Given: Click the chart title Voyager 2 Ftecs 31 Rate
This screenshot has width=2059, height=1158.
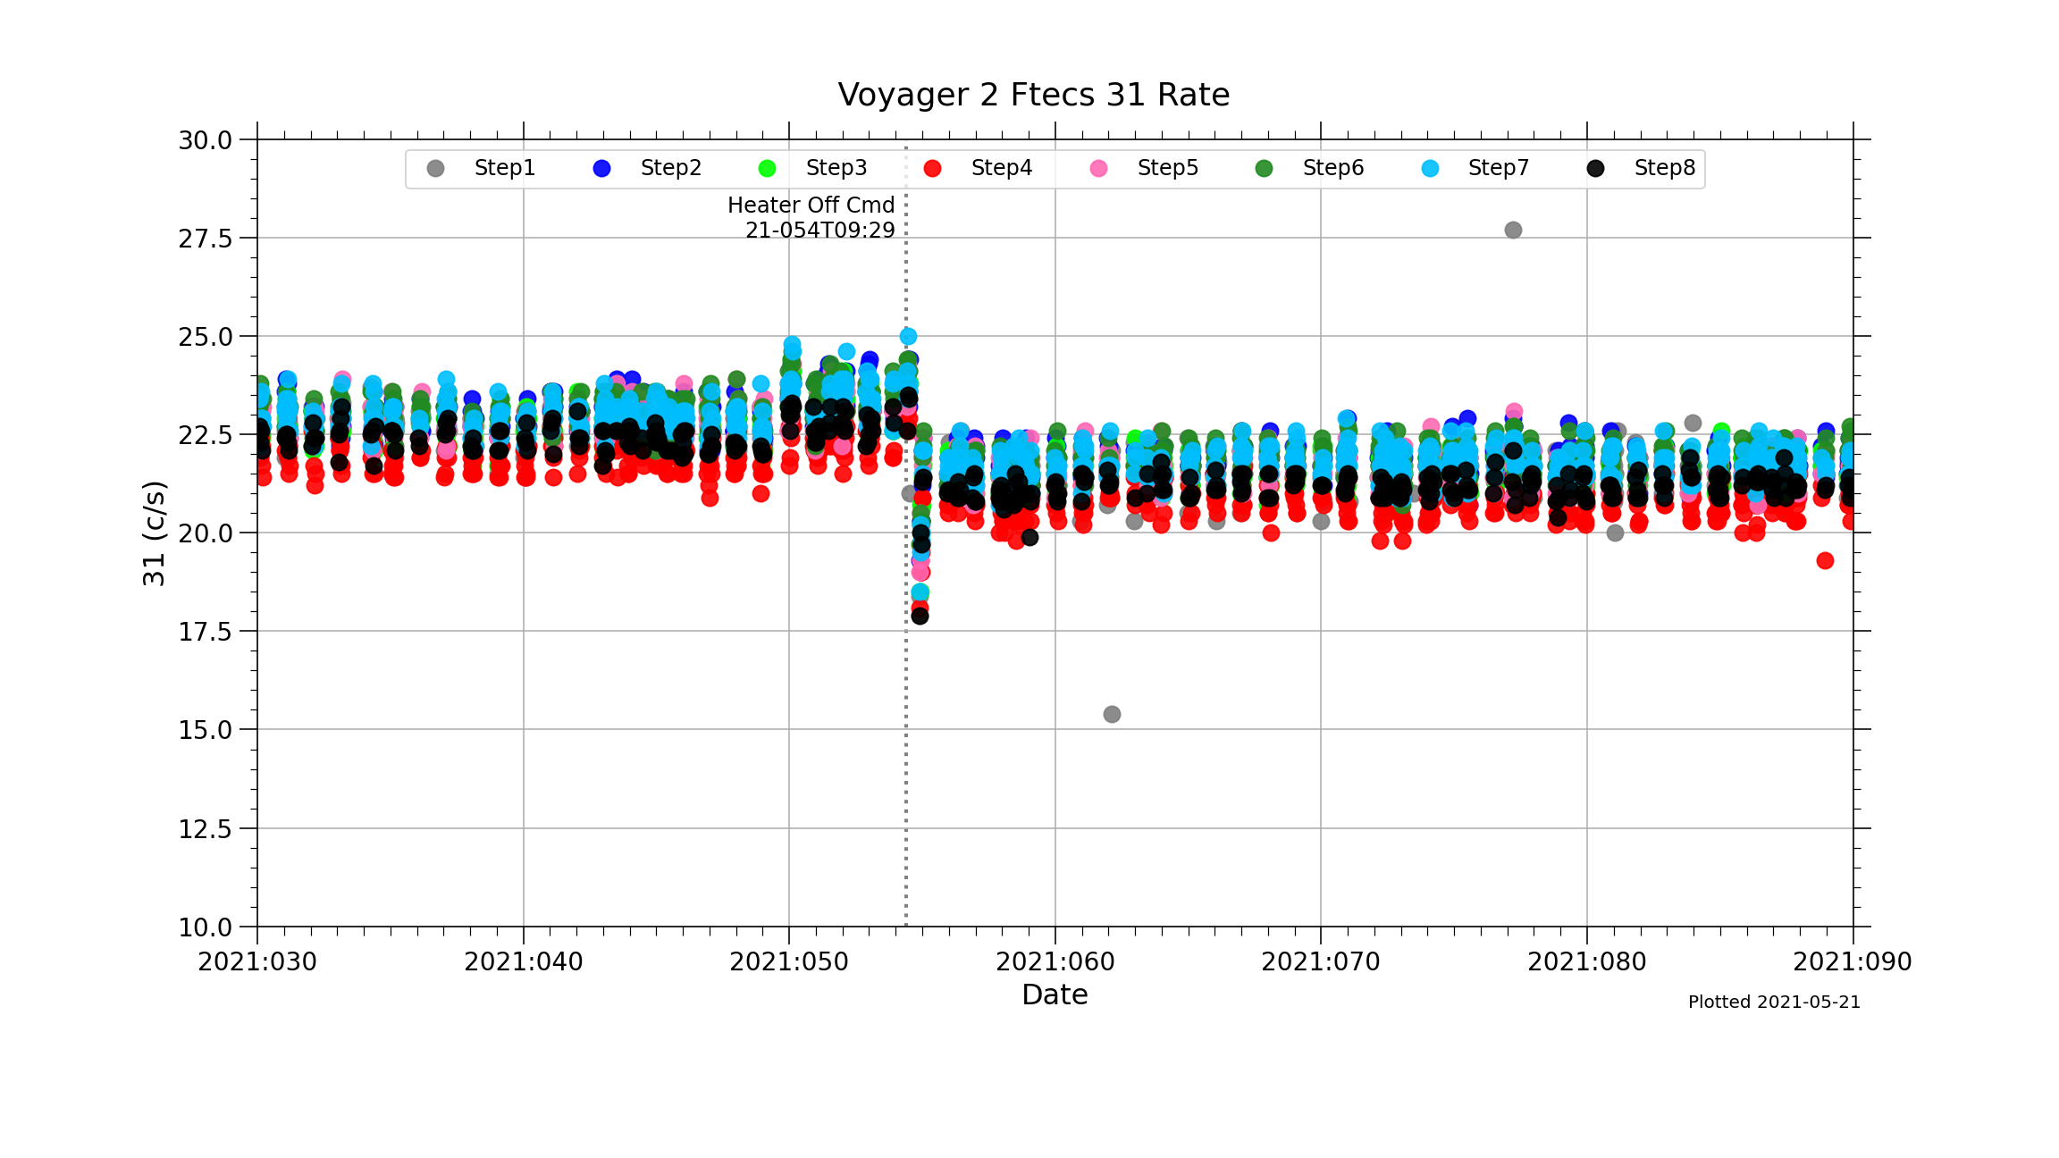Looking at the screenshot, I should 1033,95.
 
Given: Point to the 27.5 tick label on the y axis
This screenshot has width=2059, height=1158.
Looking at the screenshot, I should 205,239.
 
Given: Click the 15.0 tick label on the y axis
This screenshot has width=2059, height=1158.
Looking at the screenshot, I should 205,730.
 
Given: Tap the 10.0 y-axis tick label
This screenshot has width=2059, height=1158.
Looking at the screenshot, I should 205,927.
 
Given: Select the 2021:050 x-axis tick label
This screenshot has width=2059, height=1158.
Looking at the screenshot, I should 788,962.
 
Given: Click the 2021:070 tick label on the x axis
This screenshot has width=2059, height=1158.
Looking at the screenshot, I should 1320,962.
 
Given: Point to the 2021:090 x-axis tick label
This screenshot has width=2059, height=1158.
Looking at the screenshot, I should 1852,962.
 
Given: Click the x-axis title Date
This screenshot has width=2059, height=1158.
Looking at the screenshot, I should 1055,994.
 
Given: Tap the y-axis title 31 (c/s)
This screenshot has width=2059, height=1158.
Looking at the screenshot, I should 154,533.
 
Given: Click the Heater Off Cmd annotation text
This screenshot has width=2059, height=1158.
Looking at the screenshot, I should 811,206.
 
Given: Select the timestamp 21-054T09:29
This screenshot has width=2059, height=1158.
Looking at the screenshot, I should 819,231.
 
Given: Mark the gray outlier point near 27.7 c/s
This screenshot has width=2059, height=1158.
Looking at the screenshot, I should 1513,231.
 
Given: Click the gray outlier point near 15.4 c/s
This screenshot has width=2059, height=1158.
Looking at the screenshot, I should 1112,714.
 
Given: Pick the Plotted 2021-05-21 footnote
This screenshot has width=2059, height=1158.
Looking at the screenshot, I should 1773,1003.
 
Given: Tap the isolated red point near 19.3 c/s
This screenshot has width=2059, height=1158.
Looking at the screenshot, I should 1825,560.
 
